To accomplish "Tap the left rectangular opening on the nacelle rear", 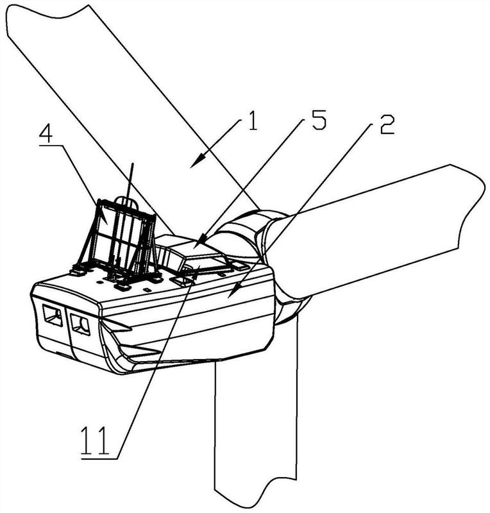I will (52, 315).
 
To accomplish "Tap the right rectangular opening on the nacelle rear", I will (80, 323).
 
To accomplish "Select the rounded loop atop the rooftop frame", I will (128, 202).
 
